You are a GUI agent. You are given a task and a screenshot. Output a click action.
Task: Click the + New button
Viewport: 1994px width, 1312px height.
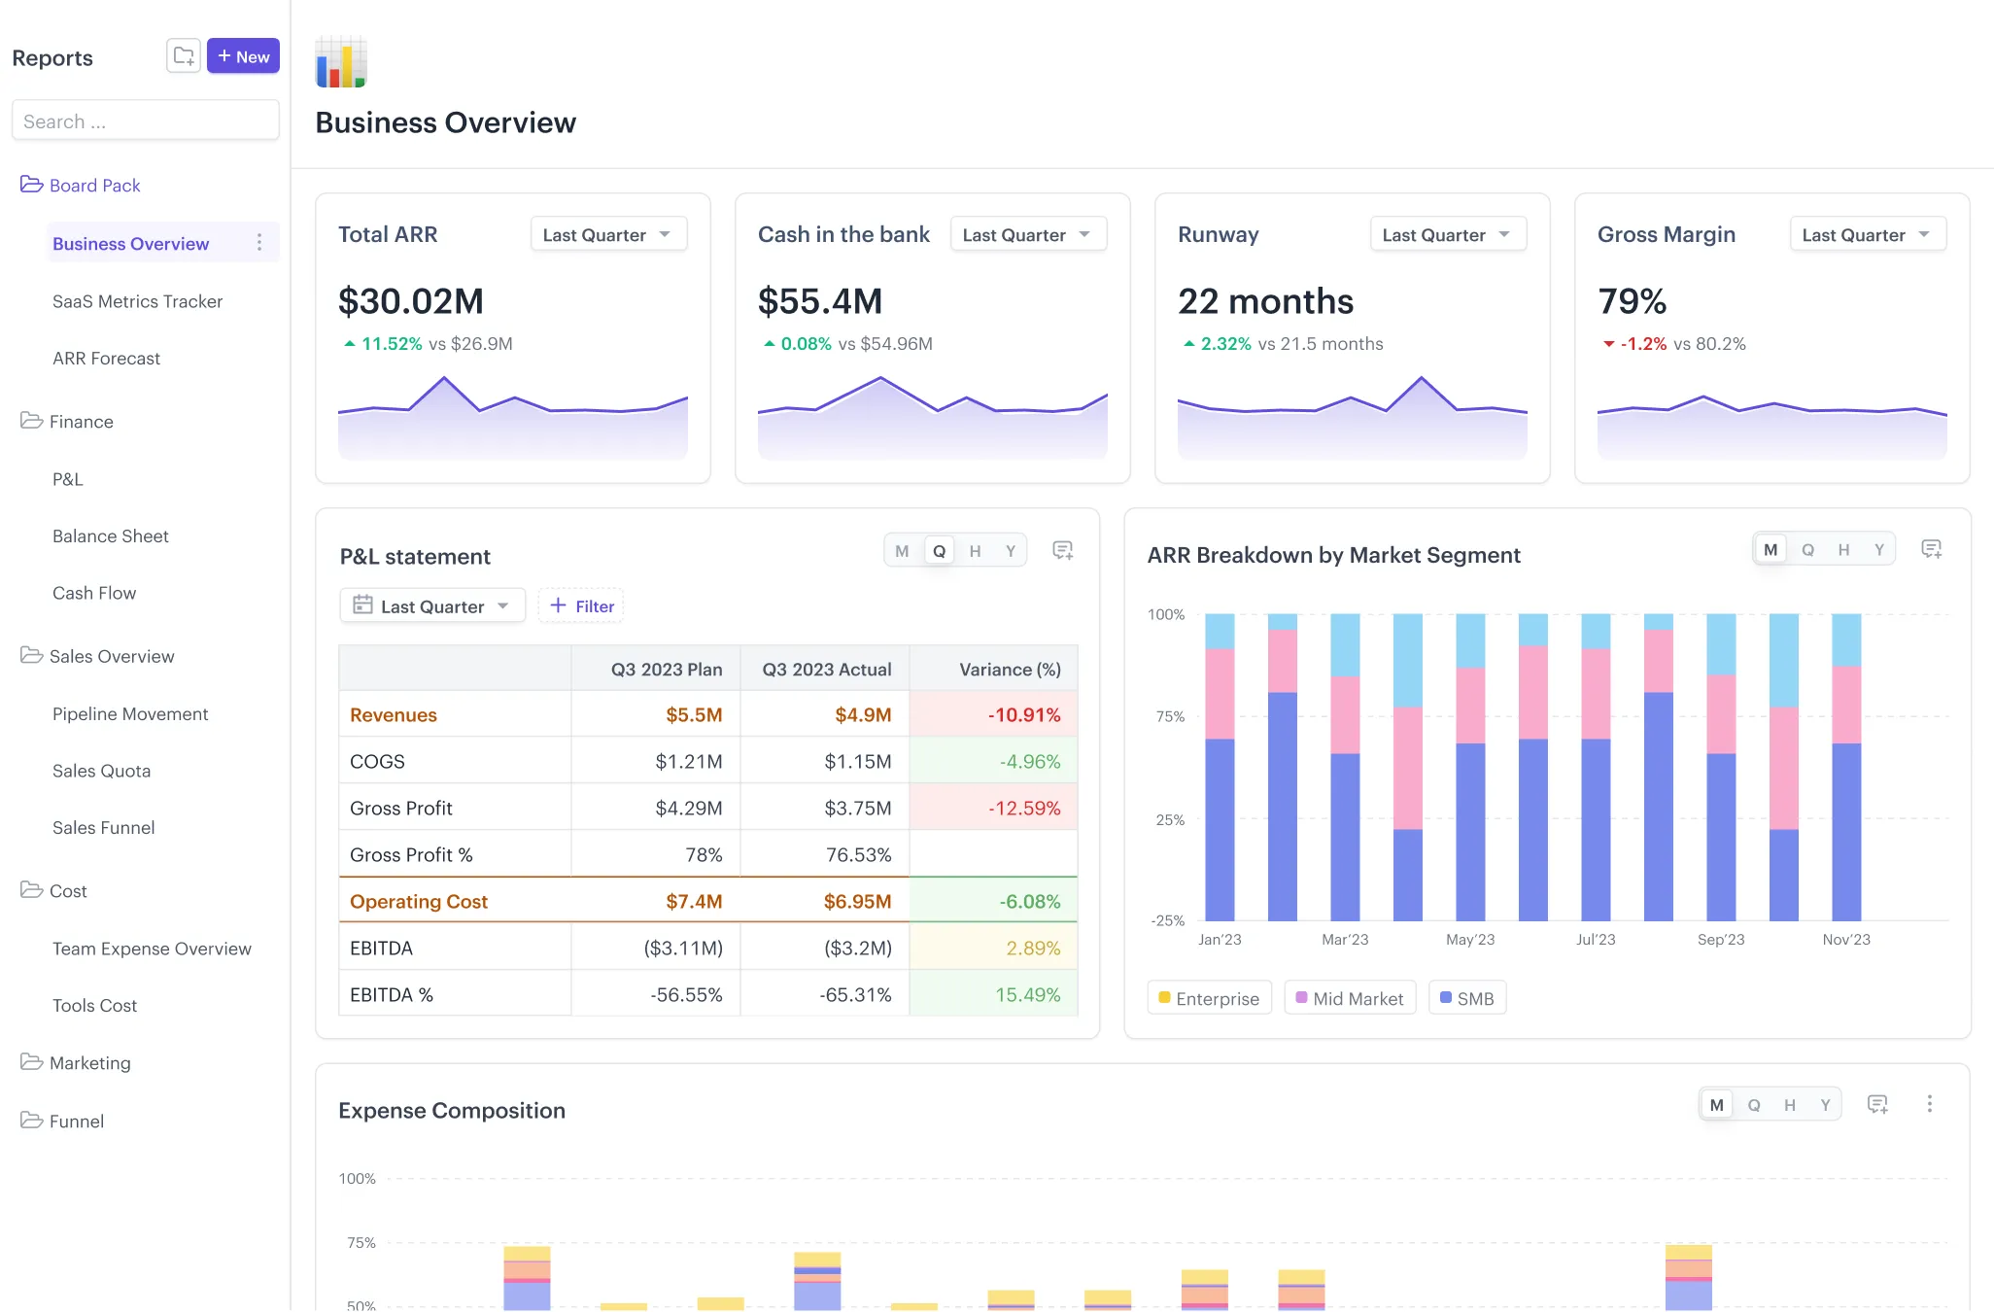(x=243, y=56)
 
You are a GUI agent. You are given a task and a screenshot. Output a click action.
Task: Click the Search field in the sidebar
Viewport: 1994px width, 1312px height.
(x=146, y=121)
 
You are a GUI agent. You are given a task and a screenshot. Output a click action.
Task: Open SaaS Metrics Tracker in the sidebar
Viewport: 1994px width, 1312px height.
(x=137, y=301)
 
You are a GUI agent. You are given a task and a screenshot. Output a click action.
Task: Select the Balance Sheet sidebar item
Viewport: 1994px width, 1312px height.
(x=110, y=535)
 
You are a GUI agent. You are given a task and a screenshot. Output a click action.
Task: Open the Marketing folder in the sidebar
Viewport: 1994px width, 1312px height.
(x=89, y=1062)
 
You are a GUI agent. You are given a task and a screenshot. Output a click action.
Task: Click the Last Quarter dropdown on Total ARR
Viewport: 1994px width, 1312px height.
(x=608, y=234)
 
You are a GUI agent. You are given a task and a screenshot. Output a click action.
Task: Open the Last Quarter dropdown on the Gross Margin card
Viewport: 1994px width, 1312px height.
(x=1867, y=234)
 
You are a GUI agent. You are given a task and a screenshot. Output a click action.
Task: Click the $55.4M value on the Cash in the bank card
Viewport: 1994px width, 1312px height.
(x=820, y=301)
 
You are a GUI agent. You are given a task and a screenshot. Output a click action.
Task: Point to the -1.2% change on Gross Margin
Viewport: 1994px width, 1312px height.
(x=1642, y=344)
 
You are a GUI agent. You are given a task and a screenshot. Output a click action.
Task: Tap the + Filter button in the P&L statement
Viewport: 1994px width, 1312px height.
(x=581, y=605)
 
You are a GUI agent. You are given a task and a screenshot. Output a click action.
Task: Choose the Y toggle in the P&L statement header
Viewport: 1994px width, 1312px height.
(x=1011, y=551)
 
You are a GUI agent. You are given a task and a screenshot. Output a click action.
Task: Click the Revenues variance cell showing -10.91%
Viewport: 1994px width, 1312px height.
(x=1023, y=714)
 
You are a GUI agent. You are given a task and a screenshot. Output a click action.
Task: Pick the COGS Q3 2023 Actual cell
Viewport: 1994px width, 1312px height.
(x=857, y=761)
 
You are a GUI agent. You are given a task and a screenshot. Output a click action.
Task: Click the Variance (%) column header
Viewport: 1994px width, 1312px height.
(x=1009, y=669)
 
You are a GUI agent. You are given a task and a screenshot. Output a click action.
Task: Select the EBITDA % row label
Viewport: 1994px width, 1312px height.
(x=392, y=994)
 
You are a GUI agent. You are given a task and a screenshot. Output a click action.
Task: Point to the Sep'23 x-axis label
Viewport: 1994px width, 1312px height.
(x=1720, y=939)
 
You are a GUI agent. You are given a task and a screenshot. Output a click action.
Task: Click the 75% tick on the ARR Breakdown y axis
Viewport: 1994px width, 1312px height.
(x=1169, y=716)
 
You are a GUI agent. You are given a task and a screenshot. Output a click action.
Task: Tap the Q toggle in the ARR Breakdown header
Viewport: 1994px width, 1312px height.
(x=1807, y=549)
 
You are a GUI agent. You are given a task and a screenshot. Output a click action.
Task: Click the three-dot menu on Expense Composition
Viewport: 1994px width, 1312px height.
(x=1929, y=1104)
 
